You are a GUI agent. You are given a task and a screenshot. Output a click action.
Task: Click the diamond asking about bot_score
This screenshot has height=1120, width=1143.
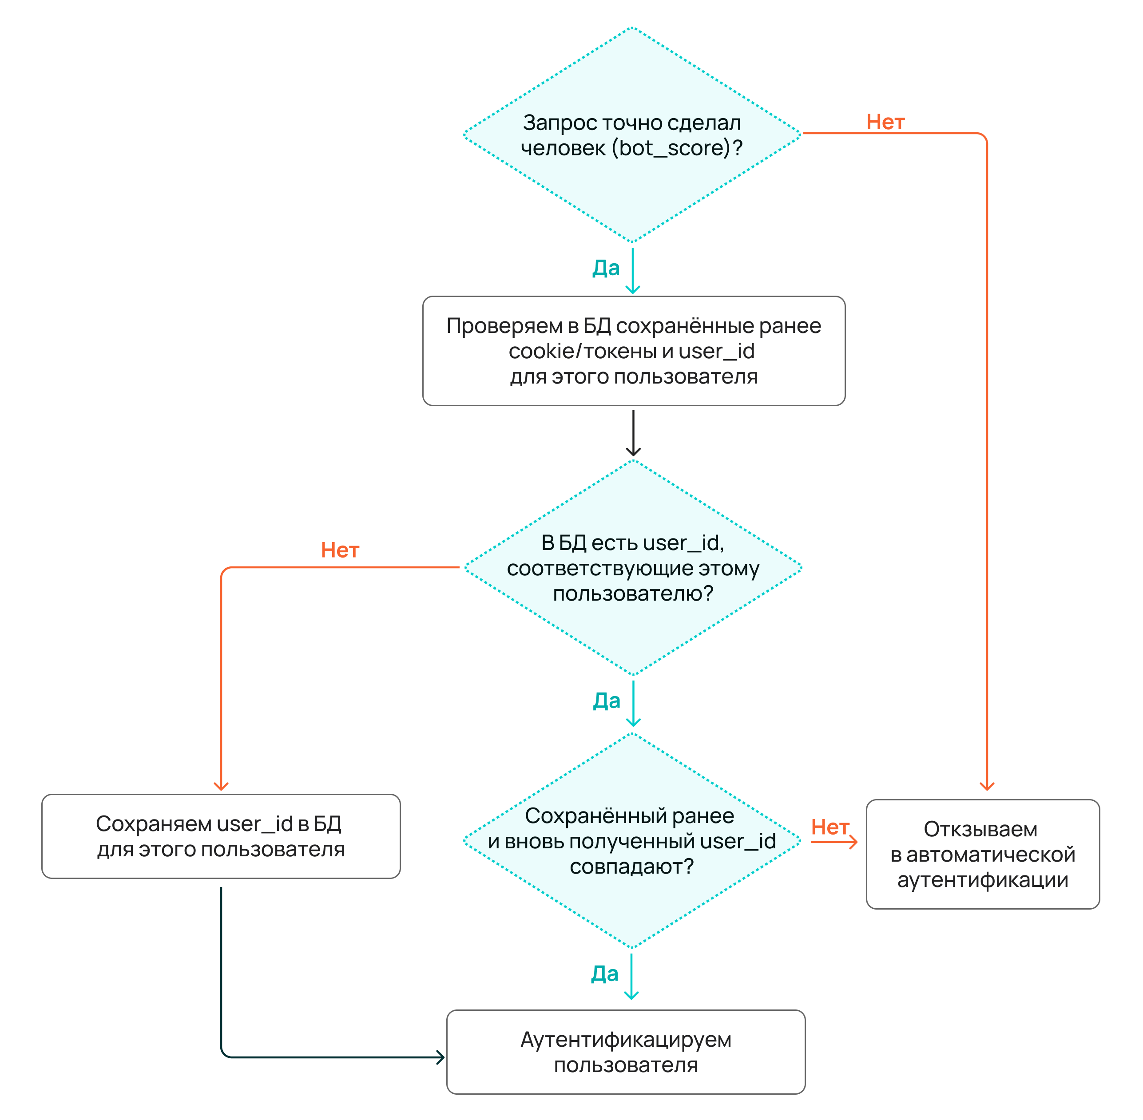pos(633,135)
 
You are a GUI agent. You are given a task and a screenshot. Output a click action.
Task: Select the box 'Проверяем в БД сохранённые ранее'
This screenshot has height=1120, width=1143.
pos(634,351)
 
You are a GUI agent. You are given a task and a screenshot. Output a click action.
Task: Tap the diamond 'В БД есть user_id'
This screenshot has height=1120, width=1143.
pos(633,568)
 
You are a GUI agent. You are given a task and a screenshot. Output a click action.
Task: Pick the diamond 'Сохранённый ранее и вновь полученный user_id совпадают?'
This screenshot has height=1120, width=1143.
pos(632,841)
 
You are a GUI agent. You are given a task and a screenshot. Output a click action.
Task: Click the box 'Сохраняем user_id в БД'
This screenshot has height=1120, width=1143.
pos(221,836)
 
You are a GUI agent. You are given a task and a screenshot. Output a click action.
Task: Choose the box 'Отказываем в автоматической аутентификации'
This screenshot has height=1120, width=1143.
pos(983,854)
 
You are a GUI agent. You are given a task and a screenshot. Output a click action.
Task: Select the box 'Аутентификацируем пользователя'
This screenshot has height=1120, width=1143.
pos(626,1053)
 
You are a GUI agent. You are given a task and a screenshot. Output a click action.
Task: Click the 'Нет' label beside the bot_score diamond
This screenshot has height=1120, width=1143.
pos(885,123)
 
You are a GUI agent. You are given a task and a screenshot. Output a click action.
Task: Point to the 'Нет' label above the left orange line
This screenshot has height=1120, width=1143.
pos(340,550)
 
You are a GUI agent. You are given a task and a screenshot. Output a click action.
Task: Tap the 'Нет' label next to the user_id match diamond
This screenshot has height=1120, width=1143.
pos(830,827)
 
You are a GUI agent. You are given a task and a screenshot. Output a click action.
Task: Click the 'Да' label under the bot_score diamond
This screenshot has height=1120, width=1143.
pos(606,268)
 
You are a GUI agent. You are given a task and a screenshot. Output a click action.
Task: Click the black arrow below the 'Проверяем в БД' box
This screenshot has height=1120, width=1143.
pos(633,433)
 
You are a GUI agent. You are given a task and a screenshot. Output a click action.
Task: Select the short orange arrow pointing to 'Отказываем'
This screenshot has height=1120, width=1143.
pos(834,843)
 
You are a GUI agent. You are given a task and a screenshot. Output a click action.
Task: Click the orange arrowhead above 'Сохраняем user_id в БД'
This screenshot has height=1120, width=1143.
pos(221,787)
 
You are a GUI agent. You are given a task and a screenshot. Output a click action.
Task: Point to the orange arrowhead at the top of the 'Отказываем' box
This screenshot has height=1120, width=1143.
pos(987,787)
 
